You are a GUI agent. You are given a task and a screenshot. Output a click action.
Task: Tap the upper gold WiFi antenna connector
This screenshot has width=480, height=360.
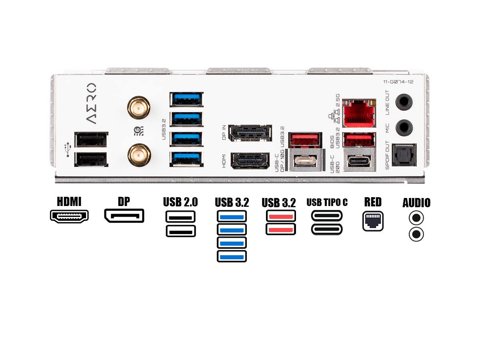point(139,107)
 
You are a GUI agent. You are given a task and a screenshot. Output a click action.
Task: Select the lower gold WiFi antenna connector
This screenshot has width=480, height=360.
point(139,155)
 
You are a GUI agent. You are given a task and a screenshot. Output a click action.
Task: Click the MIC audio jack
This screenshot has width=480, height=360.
point(404,128)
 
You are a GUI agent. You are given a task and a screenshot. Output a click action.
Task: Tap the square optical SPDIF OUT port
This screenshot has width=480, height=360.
point(404,155)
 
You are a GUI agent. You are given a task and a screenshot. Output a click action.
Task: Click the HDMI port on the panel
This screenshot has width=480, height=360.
point(250,160)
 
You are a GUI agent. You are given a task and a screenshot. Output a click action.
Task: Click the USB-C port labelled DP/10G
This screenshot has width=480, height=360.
point(305,161)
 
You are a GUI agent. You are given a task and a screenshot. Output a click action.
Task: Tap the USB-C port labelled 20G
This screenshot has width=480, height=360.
point(360,161)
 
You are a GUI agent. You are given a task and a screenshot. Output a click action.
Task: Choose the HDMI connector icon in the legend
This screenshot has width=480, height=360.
point(69,216)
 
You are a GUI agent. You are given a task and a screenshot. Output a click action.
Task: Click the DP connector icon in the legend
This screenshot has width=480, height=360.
point(124,215)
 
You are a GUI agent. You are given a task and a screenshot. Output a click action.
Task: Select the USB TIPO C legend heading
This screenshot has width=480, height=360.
point(327,202)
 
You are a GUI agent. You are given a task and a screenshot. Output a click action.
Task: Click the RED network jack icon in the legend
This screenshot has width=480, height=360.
point(373,221)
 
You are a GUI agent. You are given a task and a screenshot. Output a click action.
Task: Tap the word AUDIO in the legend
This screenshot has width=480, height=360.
point(416,203)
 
